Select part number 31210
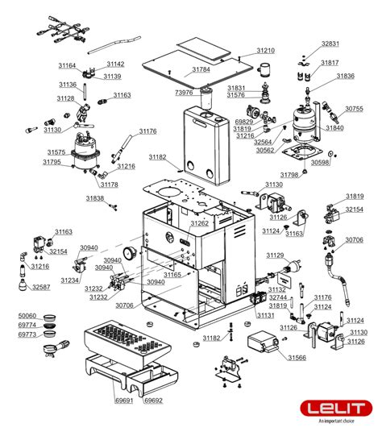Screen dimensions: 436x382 (266, 51)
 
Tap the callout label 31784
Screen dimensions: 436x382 (201, 69)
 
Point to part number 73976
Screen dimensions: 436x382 (185, 93)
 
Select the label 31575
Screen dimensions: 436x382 (56, 152)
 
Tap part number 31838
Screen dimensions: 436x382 (95, 198)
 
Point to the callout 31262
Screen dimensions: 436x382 (199, 223)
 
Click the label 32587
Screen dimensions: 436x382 (40, 287)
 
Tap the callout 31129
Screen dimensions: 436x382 (276, 255)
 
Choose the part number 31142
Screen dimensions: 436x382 (115, 64)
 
